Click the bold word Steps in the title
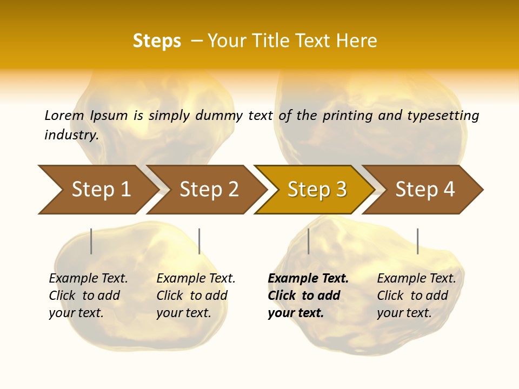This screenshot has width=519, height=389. [157, 41]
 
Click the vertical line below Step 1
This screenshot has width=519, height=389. [91, 241]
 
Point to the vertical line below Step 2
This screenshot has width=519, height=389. [199, 241]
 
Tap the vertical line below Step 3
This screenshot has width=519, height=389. [309, 241]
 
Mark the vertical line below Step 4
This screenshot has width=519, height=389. [418, 241]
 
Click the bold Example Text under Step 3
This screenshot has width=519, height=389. [308, 279]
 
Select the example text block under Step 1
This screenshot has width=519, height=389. [88, 296]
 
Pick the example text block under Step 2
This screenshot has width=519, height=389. [196, 296]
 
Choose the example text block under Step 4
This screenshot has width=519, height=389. [416, 296]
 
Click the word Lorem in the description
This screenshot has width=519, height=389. [64, 115]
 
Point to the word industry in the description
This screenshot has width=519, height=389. [71, 135]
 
